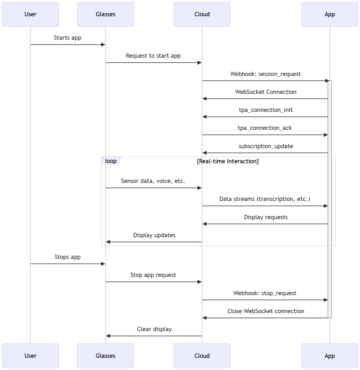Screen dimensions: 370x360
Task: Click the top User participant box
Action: (30, 14)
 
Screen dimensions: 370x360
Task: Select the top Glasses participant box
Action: (105, 14)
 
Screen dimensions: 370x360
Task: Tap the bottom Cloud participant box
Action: (202, 356)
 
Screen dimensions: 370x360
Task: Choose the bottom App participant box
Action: (330, 356)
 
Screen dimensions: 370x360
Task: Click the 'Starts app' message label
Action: (67, 38)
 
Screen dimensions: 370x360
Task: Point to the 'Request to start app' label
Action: (153, 56)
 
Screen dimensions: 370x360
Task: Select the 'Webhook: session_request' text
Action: (265, 74)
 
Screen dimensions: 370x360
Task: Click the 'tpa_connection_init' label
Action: (266, 110)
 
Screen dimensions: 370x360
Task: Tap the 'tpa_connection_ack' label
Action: (265, 128)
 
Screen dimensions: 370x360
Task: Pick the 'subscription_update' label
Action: (266, 146)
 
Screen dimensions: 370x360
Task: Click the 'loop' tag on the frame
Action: (111, 161)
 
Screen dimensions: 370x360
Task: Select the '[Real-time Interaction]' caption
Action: (228, 161)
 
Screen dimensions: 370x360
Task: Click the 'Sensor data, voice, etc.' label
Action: (153, 181)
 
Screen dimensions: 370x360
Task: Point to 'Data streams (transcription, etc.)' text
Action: (265, 199)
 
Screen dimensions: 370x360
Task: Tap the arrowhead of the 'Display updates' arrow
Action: (108, 242)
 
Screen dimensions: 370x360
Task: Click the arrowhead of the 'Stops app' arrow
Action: (103, 264)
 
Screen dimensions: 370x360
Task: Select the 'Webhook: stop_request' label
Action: (265, 293)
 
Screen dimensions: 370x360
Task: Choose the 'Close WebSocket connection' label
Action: (266, 311)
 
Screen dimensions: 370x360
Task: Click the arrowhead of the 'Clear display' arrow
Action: (108, 336)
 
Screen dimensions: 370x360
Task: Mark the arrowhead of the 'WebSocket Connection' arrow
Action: (204, 99)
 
